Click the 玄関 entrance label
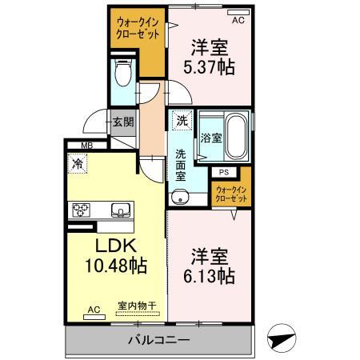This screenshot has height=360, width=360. click(122, 122)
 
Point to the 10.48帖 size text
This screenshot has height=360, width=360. click(116, 265)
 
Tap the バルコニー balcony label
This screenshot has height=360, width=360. click(159, 341)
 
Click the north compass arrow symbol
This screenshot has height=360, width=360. click(282, 338)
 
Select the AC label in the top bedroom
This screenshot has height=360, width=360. click(237, 13)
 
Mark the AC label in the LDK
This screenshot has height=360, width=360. click(94, 310)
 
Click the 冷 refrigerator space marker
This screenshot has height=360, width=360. click(78, 164)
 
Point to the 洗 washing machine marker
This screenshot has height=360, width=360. click(182, 122)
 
